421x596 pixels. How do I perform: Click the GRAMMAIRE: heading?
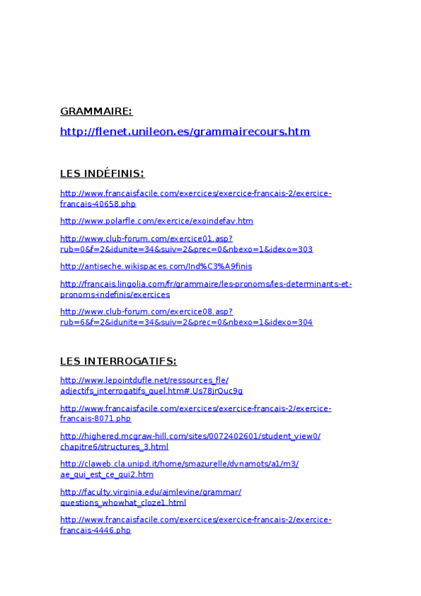point(96,112)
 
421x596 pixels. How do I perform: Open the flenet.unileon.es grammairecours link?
point(185,131)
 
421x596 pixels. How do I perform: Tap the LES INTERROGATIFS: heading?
point(118,361)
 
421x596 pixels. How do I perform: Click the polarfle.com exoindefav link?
point(157,221)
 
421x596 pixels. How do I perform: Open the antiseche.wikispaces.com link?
point(156,266)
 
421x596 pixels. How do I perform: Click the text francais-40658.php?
point(98,204)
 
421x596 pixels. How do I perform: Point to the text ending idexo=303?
point(186,250)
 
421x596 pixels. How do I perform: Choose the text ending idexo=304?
point(186,323)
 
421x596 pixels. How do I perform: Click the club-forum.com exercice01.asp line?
point(146,238)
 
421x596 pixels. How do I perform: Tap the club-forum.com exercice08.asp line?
point(146,311)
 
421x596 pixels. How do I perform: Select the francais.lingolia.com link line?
point(206,284)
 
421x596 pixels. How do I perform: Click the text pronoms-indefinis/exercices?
point(115,294)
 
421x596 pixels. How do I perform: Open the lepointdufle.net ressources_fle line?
point(144,380)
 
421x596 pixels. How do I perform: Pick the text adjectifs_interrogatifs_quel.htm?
point(151,391)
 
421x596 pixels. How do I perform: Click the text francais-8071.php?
point(96,419)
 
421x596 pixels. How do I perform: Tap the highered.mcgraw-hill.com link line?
point(190,436)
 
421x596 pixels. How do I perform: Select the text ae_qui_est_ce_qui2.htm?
point(107,474)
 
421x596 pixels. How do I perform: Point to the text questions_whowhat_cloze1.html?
point(123,503)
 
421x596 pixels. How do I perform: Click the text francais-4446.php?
point(96,531)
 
